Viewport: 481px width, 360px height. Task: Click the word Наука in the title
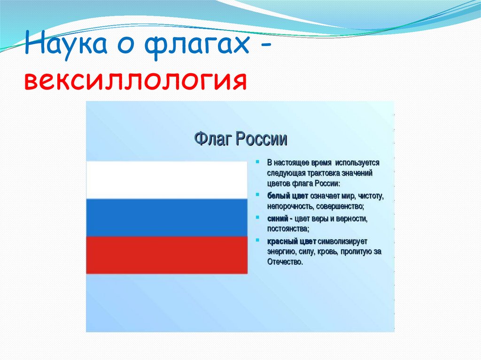pyautogui.click(x=66, y=43)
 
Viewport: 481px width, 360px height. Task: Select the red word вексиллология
pyautogui.click(x=135, y=80)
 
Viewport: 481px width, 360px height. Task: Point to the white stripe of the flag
pyautogui.click(x=167, y=180)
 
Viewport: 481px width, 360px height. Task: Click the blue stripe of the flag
pyautogui.click(x=167, y=217)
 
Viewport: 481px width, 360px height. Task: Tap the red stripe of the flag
pyautogui.click(x=167, y=255)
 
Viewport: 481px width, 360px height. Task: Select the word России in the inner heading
pyautogui.click(x=262, y=139)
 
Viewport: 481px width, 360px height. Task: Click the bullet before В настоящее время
pyautogui.click(x=257, y=161)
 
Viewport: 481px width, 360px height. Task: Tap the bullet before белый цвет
pyautogui.click(x=257, y=194)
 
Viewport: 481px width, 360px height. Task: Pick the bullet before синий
pyautogui.click(x=257, y=217)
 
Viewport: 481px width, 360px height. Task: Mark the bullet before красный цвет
pyautogui.click(x=257, y=240)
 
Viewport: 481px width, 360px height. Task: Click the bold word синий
pyautogui.click(x=278, y=219)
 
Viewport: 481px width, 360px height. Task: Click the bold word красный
pyautogui.click(x=282, y=242)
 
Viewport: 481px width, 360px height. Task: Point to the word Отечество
pyautogui.click(x=285, y=262)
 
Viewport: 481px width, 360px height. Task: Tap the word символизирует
pyautogui.click(x=342, y=242)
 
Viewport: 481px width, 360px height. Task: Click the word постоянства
pyautogui.click(x=288, y=229)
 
